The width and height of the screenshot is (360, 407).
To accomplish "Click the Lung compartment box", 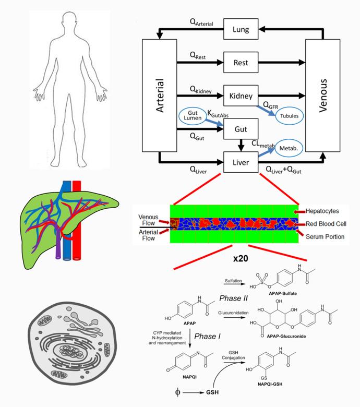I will point(241,30).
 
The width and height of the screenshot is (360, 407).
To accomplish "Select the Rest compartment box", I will point(241,63).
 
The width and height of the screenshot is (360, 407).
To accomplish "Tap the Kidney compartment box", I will point(241,95).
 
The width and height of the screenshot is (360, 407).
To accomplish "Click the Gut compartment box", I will point(241,128).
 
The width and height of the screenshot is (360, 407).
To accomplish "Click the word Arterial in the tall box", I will point(160,96).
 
